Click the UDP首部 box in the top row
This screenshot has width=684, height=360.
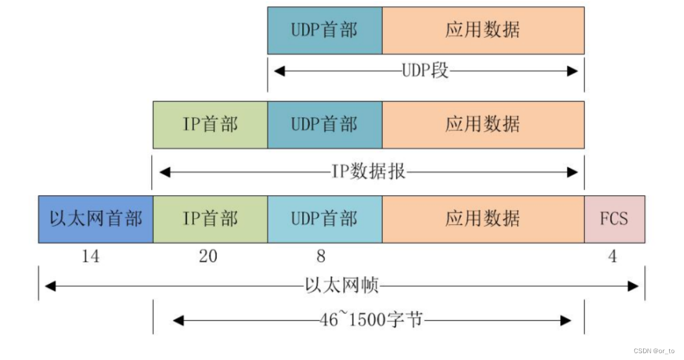point(325,30)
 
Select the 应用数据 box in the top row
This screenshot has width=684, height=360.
point(483,30)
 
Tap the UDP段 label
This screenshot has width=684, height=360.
point(425,71)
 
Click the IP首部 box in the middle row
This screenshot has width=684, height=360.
point(210,125)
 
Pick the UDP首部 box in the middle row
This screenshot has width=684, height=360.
point(325,125)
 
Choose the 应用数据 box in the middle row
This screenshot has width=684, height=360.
point(483,125)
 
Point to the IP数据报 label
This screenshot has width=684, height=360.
point(369,171)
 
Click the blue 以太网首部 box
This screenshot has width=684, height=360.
point(95,219)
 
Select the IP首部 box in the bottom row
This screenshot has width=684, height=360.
point(210,219)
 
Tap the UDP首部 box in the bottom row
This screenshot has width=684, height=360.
point(325,219)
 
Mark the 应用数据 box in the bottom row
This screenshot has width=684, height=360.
point(483,219)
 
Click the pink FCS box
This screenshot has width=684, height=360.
point(614,219)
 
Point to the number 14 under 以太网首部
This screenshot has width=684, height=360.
point(90,256)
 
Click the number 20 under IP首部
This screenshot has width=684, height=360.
point(208,256)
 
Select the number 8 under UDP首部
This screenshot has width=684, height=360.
point(320,256)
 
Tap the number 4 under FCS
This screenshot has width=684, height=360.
point(613,256)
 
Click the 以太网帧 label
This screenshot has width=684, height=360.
point(342,286)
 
